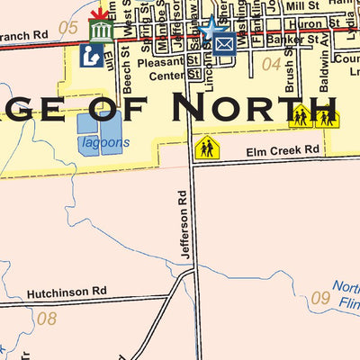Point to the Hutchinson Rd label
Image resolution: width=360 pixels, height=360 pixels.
(x=67, y=292)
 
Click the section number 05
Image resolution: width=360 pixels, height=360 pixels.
(x=68, y=27)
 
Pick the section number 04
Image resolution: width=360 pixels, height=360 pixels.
(x=271, y=64)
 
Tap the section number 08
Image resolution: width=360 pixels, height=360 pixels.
(x=46, y=318)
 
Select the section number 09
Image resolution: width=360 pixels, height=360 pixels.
(x=320, y=299)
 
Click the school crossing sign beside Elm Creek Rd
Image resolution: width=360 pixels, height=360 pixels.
(x=207, y=147)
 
